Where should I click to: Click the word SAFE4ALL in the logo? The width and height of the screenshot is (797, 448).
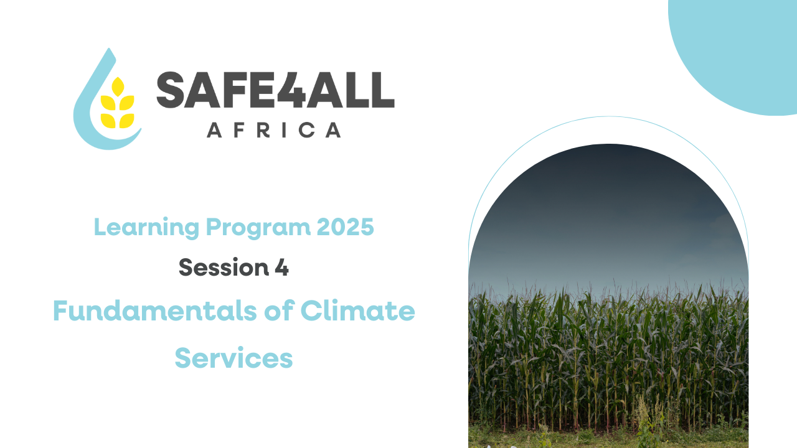click(275, 90)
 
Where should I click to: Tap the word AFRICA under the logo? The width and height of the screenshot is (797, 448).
click(274, 130)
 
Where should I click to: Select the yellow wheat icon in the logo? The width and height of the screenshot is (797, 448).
click(118, 103)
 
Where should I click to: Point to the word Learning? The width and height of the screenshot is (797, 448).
click(146, 228)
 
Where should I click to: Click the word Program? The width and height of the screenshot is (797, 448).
click(258, 228)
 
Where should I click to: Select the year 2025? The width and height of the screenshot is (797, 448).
click(345, 227)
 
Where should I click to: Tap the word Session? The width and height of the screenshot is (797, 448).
click(224, 268)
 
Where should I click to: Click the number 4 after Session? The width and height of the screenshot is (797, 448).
click(281, 268)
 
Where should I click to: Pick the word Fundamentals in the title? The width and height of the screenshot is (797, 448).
click(155, 310)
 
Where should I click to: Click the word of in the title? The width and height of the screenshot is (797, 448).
click(278, 310)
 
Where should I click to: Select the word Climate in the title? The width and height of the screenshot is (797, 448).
click(358, 310)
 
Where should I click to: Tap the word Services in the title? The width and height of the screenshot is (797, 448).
click(233, 358)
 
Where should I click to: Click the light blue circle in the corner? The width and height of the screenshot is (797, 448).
click(740, 50)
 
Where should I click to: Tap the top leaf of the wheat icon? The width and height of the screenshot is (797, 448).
click(118, 86)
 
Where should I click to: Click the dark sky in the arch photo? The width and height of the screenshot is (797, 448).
click(608, 213)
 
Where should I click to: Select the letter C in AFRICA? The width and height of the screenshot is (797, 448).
click(307, 130)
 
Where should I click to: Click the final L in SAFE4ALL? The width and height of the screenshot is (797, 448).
click(382, 90)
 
